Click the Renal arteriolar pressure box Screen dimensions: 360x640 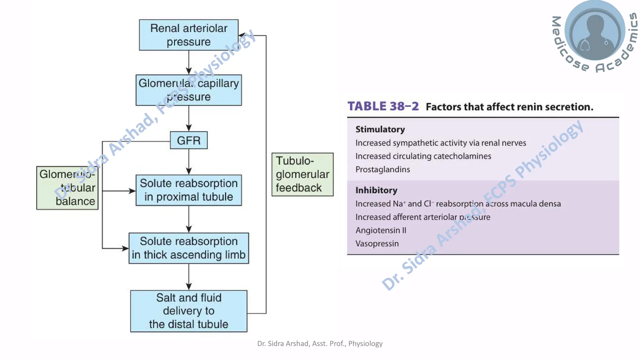(188, 35)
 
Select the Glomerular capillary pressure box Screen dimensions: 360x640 (188, 90)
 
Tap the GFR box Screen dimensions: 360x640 (188, 140)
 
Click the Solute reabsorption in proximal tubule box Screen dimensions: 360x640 (188, 190)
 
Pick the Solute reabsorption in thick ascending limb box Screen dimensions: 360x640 (188, 248)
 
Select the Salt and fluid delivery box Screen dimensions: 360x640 (188, 311)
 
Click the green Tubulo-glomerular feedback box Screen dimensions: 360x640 (302, 174)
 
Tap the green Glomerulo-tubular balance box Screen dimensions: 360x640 (67, 188)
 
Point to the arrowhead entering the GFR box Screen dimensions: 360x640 (189, 128)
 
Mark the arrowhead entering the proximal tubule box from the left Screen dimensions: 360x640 (132, 191)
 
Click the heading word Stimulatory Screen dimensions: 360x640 (380, 129)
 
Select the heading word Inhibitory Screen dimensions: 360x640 (376, 190)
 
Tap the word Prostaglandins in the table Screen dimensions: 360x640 (382, 169)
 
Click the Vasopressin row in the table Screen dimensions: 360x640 (377, 243)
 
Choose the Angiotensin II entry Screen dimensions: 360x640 (381, 230)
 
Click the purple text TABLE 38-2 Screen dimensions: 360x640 (383, 106)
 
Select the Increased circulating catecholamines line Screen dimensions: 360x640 (423, 156)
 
